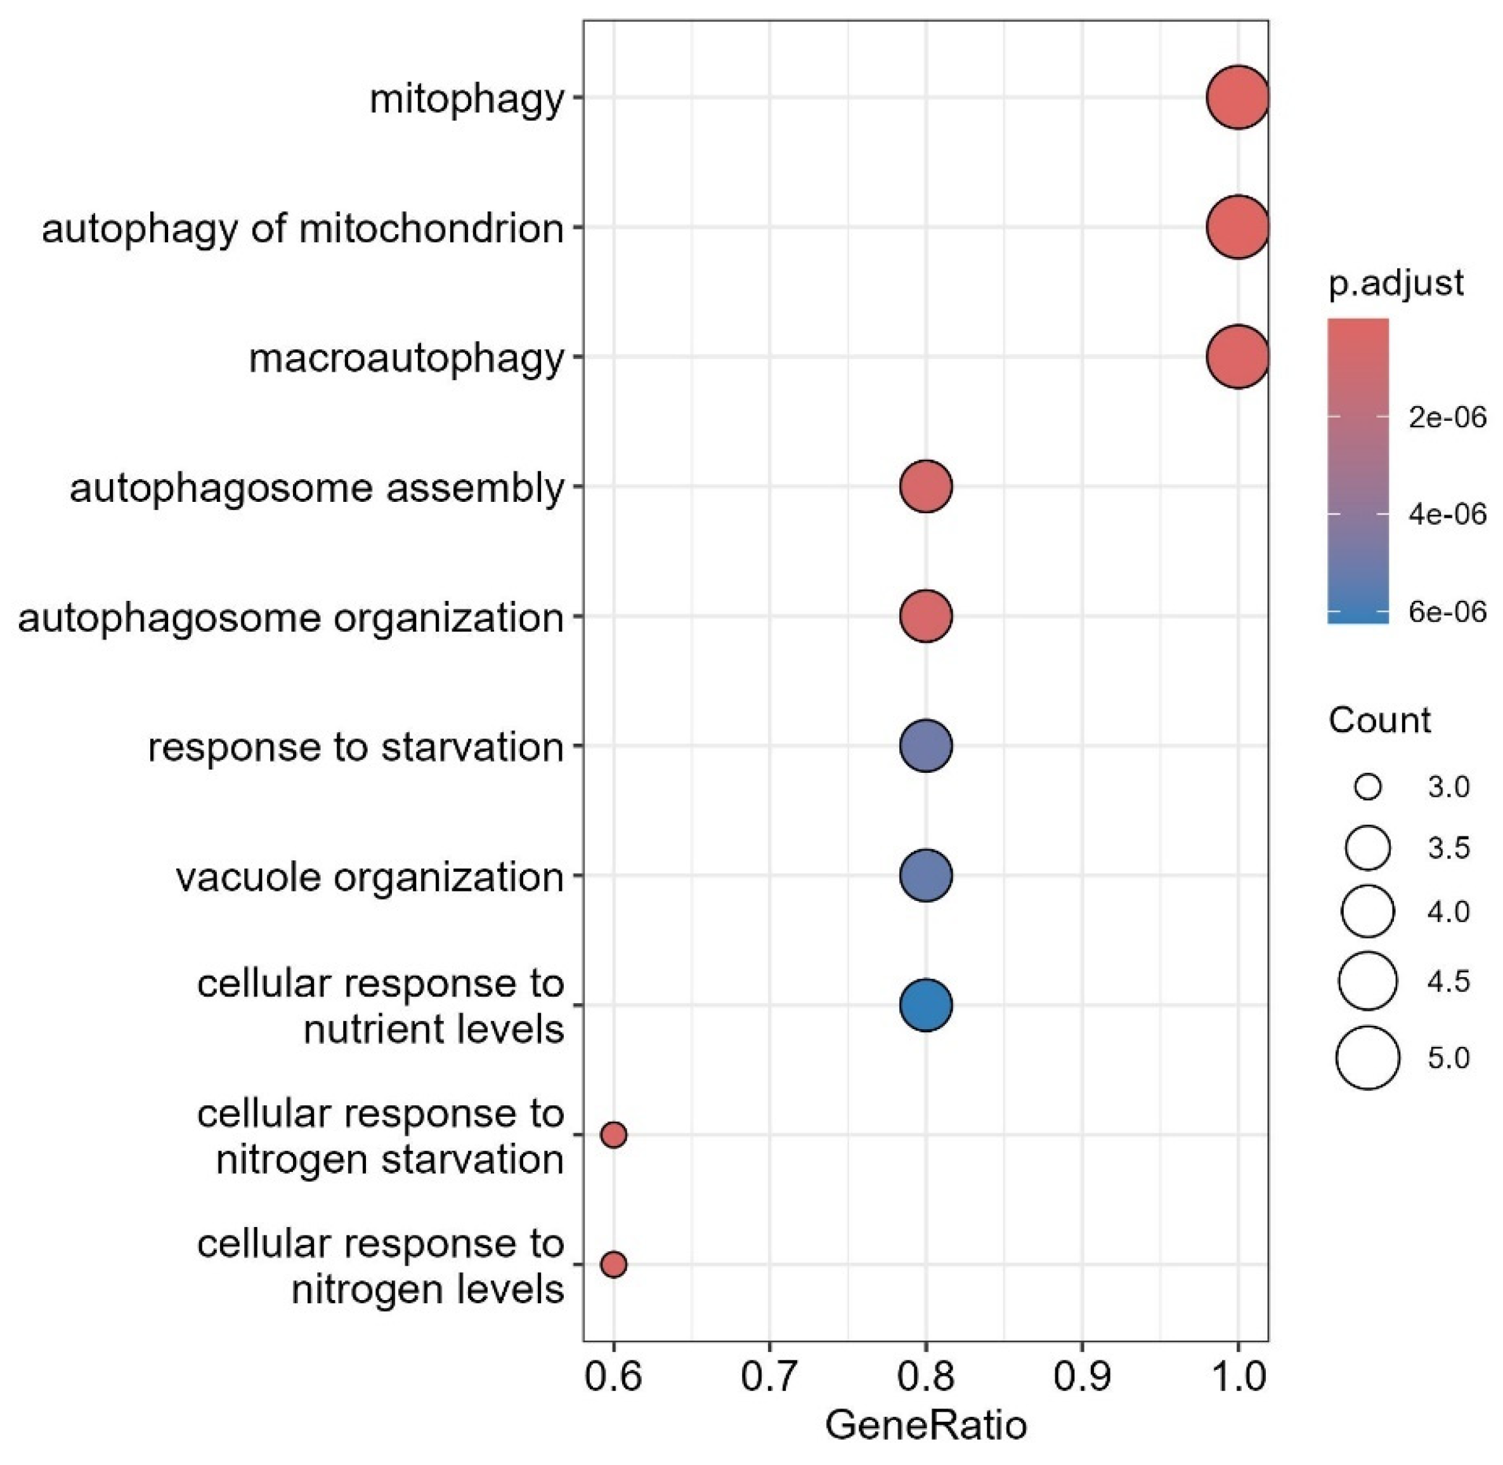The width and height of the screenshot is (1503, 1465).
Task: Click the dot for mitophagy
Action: [x=1237, y=98]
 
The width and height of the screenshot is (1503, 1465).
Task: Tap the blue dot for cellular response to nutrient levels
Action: [x=926, y=1005]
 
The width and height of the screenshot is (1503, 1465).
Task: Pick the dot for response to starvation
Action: [x=926, y=746]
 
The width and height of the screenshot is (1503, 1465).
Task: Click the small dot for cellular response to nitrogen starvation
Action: [x=613, y=1134]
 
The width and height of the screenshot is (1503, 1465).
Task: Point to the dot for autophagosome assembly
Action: [x=926, y=486]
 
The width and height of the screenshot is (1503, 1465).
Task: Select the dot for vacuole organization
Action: [x=926, y=876]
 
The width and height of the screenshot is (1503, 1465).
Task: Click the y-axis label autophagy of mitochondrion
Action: [x=303, y=228]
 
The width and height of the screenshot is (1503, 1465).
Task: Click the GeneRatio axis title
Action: [x=926, y=1425]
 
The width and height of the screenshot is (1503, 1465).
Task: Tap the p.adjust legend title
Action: [x=1395, y=284]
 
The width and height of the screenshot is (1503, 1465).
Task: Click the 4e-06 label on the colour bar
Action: [x=1447, y=514]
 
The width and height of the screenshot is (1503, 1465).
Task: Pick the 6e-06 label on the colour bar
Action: [x=1447, y=612]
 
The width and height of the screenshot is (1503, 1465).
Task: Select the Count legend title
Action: [x=1379, y=721]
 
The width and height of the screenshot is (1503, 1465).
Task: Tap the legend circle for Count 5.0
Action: [x=1368, y=1058]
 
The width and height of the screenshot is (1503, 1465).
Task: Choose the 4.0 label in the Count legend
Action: [x=1448, y=912]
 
